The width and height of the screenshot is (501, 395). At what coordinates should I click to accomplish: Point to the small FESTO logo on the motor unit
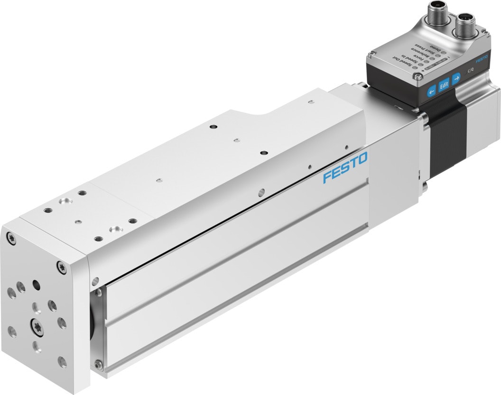pyautogui.click(x=482, y=59)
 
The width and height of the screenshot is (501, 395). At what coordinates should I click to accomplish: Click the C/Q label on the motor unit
pyautogui.click(x=471, y=70)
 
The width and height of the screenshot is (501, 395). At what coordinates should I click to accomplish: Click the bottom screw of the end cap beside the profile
pyautogui.click(x=98, y=364)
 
